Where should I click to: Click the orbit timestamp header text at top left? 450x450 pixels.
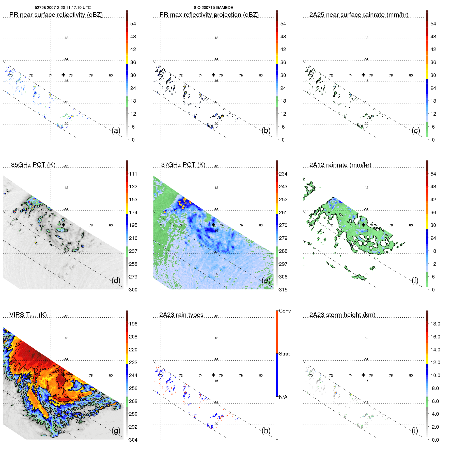(x=63, y=8)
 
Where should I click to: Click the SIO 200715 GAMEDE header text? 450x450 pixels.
(x=213, y=8)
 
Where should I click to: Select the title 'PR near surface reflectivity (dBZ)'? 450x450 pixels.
(x=56, y=15)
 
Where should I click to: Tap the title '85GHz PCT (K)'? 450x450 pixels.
(x=33, y=165)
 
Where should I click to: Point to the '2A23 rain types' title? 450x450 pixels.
(x=181, y=315)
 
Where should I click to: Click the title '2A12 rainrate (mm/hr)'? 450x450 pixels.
(x=340, y=165)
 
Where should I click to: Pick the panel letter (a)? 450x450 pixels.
(x=116, y=131)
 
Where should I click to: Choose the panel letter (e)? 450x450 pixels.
(x=266, y=281)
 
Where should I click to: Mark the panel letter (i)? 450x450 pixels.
(x=415, y=430)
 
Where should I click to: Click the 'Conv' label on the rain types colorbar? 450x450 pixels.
(x=285, y=311)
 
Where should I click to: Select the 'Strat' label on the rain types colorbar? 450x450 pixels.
(x=284, y=354)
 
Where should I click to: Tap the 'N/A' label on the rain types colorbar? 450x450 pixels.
(x=283, y=397)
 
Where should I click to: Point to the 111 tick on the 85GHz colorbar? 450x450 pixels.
(x=133, y=174)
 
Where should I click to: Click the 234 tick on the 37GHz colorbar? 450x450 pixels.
(x=283, y=174)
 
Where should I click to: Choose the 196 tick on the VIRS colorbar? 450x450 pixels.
(x=133, y=324)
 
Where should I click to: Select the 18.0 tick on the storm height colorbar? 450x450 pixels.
(x=435, y=324)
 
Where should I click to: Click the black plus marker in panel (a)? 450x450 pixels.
(x=63, y=75)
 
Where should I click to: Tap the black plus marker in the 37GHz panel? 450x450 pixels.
(x=213, y=225)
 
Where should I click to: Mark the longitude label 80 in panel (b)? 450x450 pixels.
(x=261, y=75)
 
